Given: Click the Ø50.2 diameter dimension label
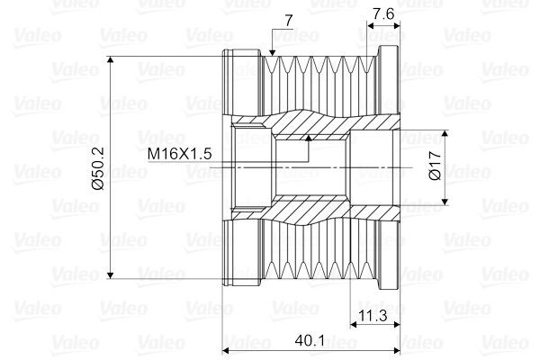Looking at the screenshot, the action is coord(98,168).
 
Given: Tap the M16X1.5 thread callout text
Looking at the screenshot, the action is coord(179,154).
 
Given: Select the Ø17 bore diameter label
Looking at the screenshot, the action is coord(435,166).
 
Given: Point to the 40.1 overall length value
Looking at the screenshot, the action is coord(310,341).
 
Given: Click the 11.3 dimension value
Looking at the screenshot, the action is coord(373,315).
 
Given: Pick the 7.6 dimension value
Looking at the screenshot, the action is coord(383,14).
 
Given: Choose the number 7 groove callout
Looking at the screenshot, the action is coord(289,21).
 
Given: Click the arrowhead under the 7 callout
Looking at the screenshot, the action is coord(273,52).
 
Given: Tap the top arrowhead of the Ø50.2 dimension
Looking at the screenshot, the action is coord(110,60).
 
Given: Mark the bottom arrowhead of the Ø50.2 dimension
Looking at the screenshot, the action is coord(110,274).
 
